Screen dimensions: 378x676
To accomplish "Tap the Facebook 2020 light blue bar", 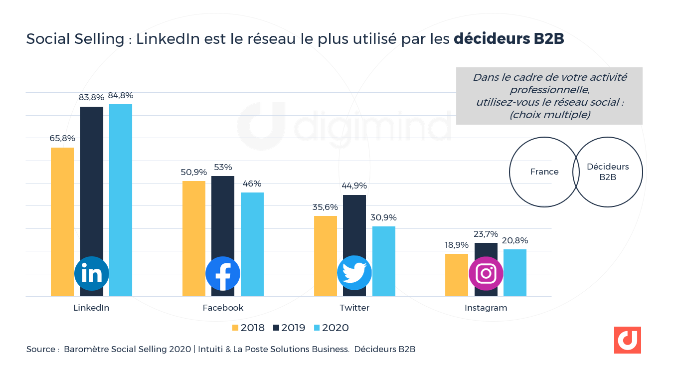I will coord(252,234).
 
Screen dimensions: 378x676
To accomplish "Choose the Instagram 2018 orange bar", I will coord(456,275).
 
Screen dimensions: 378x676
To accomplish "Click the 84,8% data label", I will coord(121,95).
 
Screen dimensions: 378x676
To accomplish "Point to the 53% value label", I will coord(222,167).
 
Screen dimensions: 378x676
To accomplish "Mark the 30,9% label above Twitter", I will coord(384,217).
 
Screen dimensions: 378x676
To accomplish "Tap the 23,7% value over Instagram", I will coord(486,234).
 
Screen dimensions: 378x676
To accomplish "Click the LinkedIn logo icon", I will coord(92,273).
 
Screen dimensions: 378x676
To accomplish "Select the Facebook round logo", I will coord(223,273).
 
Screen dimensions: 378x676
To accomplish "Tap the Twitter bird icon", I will coord(354,273).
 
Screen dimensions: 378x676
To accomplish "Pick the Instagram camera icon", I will coord(486,273).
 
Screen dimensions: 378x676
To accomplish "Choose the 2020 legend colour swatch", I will coord(317,328).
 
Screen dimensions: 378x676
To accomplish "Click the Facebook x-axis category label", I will coord(223,308).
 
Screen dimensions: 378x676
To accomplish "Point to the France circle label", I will coord(544,172).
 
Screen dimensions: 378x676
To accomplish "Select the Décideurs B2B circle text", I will coord(608,172).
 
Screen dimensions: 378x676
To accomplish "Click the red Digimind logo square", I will coord(627,340).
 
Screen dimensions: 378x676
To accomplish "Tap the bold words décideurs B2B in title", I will coord(508,39).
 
